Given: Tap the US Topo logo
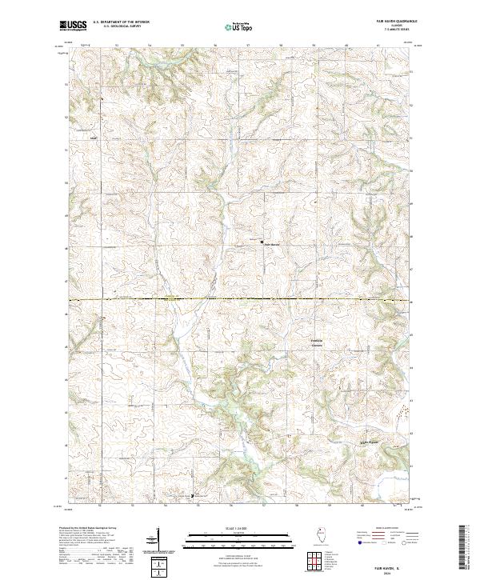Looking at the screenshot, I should click(237, 26).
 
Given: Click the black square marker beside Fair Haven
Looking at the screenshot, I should click(262, 241).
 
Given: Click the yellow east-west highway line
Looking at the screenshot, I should click(240, 300).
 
